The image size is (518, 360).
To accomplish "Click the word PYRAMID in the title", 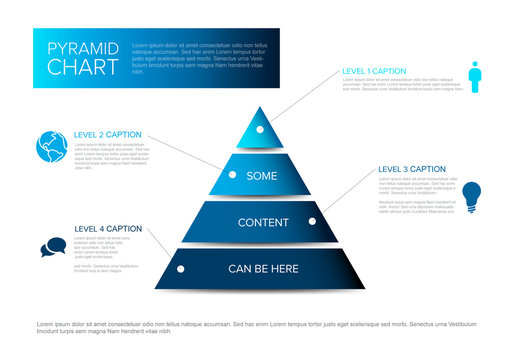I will coord(83,48).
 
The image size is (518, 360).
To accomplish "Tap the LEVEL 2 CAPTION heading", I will coord(108,134).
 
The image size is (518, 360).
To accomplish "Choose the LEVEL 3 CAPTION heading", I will coord(412,169).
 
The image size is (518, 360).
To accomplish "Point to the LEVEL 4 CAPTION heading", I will coord(108,228).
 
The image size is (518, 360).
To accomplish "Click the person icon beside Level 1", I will coord(475,76).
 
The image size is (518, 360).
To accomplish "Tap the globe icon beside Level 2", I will coord(52,147).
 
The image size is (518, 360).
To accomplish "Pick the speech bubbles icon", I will coord(52,247).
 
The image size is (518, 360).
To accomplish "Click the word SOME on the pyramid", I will coord(262,176).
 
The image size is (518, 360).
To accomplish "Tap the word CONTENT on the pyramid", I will coord(263,222).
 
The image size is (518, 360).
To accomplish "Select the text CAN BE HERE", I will coord(262,268).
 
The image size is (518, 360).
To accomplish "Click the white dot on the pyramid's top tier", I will coord(260,129).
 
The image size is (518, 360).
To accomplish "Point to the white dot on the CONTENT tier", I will coord(312,221).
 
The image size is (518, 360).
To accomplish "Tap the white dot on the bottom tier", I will coord(181,268).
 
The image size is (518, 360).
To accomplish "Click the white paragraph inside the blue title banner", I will coord(200,58).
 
